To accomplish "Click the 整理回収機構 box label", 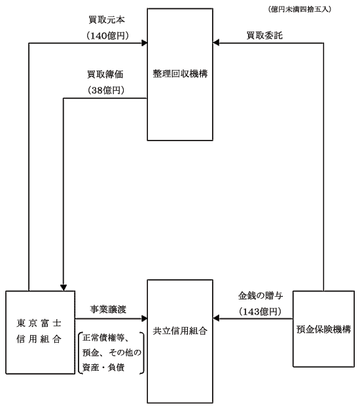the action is click(180, 74).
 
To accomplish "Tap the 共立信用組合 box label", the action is click(180, 331).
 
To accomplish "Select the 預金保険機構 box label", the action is click(324, 330).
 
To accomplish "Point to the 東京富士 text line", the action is click(39, 323).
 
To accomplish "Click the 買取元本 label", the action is click(107, 20).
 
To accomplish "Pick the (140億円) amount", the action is click(107, 36).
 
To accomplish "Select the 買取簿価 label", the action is click(105, 75).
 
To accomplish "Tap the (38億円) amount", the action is click(106, 90).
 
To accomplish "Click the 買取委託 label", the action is click(264, 35).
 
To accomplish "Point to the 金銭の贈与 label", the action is click(261, 296).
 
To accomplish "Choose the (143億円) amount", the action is click(261, 311).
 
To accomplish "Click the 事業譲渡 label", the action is click(108, 309).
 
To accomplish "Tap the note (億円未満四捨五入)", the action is click(300, 9).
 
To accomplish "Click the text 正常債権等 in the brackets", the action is click(103, 338).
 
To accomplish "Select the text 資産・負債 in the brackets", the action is click(103, 367).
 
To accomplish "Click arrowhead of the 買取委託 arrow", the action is click(216, 42).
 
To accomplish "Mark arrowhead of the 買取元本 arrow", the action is click(144, 42).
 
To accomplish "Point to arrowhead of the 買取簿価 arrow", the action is click(63, 288).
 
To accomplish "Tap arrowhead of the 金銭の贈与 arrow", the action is click(216, 318).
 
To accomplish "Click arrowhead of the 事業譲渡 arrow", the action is click(144, 318).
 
